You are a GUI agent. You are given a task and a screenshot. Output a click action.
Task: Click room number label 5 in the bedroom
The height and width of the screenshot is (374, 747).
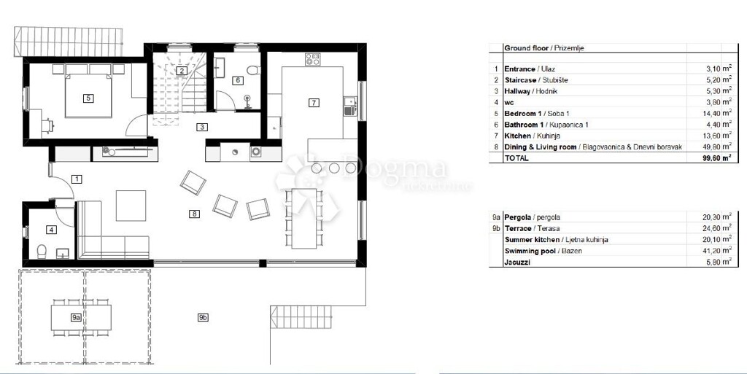point(88,97)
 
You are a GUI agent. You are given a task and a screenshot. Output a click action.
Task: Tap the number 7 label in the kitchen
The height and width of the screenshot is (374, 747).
point(313,103)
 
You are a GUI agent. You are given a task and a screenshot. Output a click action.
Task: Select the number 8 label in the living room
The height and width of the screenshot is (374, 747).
point(194,214)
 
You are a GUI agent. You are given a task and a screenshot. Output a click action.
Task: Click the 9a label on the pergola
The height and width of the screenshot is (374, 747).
point(76,317)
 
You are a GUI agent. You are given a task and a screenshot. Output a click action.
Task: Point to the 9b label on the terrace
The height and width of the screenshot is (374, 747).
point(203,317)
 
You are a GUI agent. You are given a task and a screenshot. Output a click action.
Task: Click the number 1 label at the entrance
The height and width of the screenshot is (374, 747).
point(77,178)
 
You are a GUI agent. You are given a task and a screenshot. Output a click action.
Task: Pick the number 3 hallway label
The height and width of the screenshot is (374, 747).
point(202,126)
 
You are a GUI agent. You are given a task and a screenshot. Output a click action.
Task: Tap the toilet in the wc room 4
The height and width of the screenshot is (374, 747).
point(41,252)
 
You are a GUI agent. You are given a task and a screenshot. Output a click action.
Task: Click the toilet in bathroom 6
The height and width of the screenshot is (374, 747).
point(252,70)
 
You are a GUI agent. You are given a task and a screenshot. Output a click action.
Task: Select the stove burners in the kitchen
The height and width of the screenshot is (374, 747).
point(314,58)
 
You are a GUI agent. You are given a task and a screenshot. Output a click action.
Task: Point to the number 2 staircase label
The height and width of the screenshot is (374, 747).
point(180,71)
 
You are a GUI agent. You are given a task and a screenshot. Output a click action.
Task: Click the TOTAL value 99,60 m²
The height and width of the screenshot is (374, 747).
point(716,157)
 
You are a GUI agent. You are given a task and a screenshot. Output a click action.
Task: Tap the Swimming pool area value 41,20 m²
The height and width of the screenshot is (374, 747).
point(716,250)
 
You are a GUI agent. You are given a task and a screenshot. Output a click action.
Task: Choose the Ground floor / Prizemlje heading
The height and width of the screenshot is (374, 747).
point(543,48)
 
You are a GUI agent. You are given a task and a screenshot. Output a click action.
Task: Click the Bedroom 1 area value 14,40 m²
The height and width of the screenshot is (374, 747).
point(717,113)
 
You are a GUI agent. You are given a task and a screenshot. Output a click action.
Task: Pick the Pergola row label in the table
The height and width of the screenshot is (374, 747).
point(517,217)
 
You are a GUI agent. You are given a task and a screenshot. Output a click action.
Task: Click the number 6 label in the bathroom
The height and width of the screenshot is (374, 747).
point(237,80)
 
